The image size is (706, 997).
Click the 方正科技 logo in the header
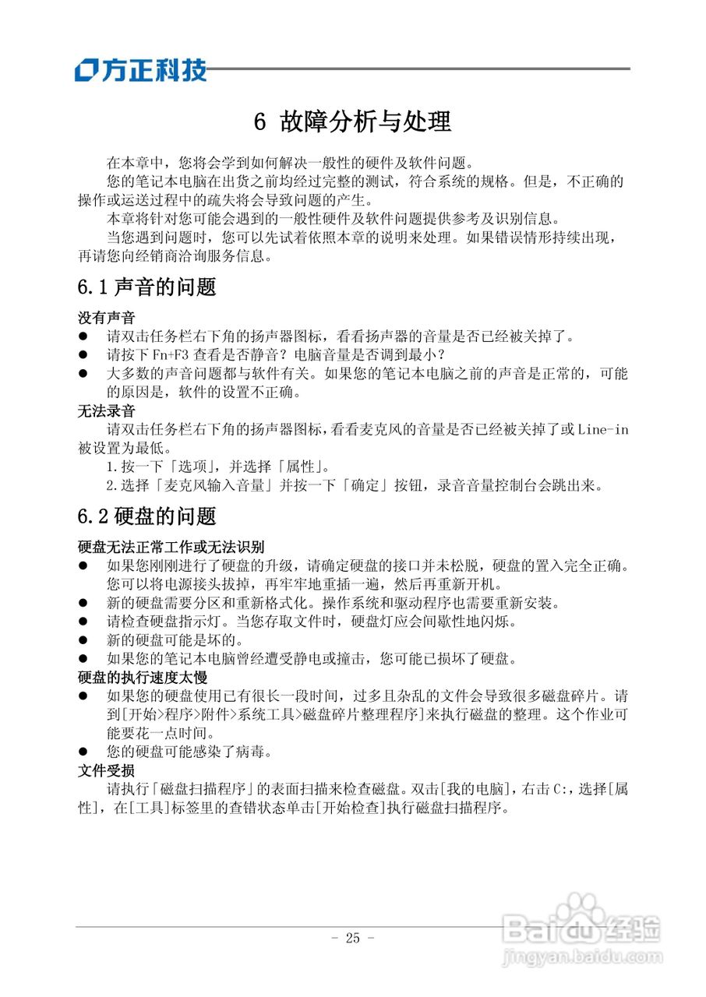click(x=141, y=70)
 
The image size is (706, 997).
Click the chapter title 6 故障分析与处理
click(x=353, y=122)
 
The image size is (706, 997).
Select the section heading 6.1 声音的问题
click(x=146, y=287)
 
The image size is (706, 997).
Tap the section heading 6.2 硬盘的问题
click(x=146, y=516)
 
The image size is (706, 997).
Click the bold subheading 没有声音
click(x=106, y=318)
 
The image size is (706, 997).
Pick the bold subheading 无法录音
click(x=106, y=410)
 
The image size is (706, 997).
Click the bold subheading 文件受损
click(x=106, y=770)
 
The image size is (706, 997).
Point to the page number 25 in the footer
click(x=353, y=938)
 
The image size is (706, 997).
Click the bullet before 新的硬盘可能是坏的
click(x=83, y=640)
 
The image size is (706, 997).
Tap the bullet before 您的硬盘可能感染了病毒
click(x=83, y=752)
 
